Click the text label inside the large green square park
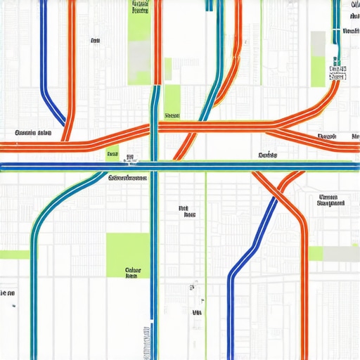(131, 273)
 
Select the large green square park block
(127, 255)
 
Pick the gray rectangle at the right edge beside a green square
(341, 253)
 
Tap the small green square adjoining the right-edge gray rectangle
(316, 253)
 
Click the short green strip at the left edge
(14, 254)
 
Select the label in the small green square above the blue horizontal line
(112, 153)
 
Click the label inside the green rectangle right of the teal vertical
(172, 115)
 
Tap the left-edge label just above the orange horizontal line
(32, 132)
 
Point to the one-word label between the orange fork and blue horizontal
(268, 155)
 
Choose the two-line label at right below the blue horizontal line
(331, 200)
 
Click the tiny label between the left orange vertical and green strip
(96, 41)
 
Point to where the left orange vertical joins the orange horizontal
(65, 138)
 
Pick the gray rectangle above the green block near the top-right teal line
(319, 43)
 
